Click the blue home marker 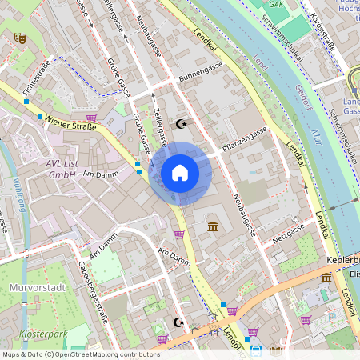point(180,173)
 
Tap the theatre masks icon point(20,37)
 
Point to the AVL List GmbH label point(62,169)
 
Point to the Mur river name point(316,136)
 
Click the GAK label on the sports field point(277,4)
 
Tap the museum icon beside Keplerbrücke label point(326,278)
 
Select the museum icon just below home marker point(213,228)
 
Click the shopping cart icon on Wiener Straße point(91,118)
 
